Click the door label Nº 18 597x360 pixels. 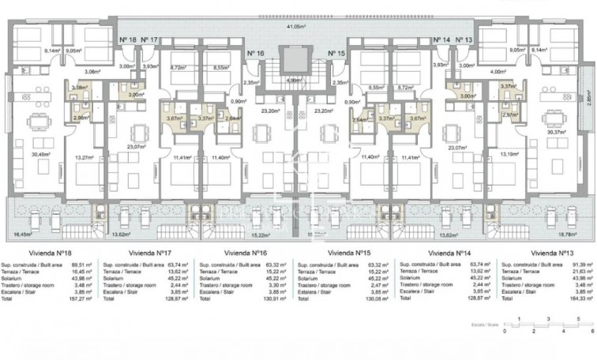(x=127, y=39)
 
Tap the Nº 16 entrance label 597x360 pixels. (x=255, y=53)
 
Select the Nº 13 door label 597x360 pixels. (x=464, y=39)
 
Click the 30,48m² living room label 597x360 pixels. (x=32, y=154)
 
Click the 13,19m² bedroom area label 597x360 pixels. (x=510, y=154)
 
